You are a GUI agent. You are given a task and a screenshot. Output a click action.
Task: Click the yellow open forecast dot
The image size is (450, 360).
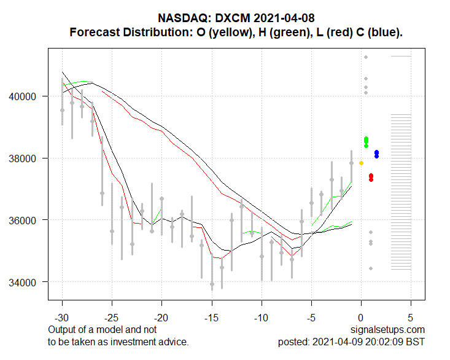point(361,163)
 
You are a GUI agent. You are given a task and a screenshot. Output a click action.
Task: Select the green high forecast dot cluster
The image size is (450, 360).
point(366,142)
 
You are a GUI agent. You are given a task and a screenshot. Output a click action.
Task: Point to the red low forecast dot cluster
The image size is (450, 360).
point(371,177)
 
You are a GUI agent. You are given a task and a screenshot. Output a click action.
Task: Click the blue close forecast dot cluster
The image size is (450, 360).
point(376,154)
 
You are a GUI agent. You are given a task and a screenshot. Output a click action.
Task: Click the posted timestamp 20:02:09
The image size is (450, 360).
point(385,342)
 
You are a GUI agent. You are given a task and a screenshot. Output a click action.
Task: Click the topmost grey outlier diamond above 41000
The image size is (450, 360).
point(366,57)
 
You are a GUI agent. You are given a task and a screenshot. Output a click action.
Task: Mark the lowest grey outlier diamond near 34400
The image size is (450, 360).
point(371,268)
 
